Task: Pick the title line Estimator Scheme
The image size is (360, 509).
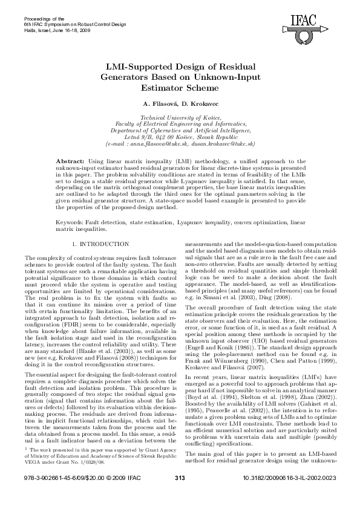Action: point(180,87)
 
